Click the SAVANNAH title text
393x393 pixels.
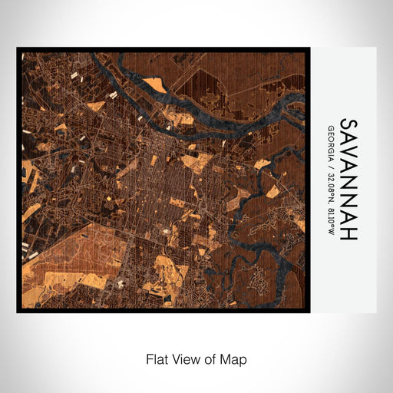348,179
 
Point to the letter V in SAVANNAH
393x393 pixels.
348,156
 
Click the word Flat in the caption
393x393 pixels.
157,359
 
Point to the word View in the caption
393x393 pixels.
184,359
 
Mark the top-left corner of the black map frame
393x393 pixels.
18,50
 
